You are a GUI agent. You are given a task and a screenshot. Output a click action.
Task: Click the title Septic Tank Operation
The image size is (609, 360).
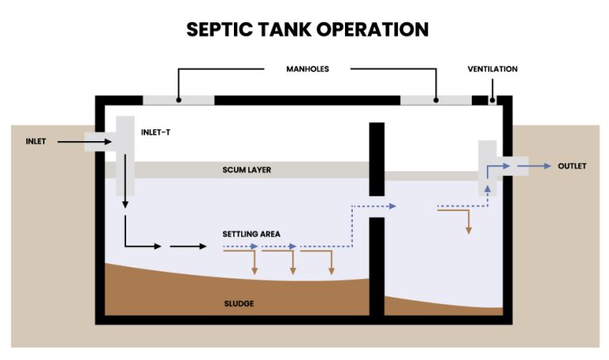[x=307, y=30]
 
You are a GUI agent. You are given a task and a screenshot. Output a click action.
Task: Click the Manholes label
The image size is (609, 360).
[x=307, y=69]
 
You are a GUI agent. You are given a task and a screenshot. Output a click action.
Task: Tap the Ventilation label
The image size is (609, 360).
[x=492, y=69]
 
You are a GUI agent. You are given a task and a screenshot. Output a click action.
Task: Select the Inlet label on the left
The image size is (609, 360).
[x=36, y=142]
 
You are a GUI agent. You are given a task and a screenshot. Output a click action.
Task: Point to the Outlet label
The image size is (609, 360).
[x=572, y=166]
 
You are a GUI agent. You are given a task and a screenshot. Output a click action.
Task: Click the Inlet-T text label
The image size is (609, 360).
[x=155, y=132]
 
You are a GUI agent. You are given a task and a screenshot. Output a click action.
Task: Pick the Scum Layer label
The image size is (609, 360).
[x=247, y=170]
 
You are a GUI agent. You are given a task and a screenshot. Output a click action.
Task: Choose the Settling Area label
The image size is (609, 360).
[x=251, y=234]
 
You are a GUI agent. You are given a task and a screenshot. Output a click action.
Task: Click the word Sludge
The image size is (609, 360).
[x=239, y=304]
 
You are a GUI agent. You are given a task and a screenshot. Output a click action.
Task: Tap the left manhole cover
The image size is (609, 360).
[x=178, y=101]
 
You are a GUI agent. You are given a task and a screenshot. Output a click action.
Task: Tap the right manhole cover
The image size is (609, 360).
[x=435, y=101]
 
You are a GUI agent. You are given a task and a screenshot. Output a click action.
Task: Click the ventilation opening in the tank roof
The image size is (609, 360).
[x=492, y=101]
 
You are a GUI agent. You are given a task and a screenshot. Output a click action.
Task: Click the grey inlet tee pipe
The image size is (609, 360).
[x=124, y=155]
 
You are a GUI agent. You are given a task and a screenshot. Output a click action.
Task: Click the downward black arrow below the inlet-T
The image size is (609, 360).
[x=125, y=205]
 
